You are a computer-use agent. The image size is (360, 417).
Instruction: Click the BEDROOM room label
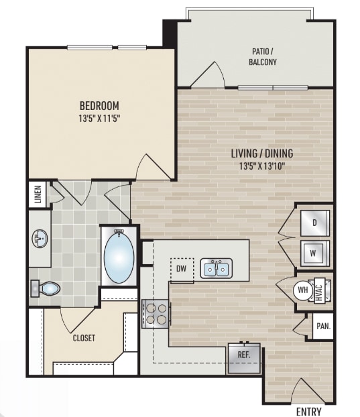coord(99,105)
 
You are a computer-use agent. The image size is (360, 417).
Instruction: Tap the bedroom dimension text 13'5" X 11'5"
coord(100,119)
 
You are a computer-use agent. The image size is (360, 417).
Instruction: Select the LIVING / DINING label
coord(262,154)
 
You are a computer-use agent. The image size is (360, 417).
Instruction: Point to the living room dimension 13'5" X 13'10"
coord(262,166)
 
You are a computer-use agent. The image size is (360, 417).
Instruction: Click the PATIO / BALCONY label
coord(263,56)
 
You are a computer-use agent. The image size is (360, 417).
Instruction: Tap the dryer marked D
coord(315,223)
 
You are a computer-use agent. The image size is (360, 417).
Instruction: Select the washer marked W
coord(315,253)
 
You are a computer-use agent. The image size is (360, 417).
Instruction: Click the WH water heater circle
coord(303,290)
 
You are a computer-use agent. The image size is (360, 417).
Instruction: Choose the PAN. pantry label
coord(324,326)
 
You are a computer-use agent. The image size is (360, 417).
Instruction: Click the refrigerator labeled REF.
coord(244,358)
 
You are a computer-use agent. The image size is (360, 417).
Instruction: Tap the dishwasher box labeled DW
coord(182,269)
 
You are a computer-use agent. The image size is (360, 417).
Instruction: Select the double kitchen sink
coord(216,268)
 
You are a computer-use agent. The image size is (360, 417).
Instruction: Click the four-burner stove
coord(156,314)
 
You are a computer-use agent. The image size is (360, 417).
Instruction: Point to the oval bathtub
coord(119,256)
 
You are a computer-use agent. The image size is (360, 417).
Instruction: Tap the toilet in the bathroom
coord(46,288)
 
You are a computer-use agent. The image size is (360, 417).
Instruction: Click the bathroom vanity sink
coord(40,239)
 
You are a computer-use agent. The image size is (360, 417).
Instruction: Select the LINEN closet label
coord(38,194)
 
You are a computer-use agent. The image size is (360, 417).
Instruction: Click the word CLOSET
coord(84,338)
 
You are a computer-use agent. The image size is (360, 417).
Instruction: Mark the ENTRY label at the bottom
coord(308,411)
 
